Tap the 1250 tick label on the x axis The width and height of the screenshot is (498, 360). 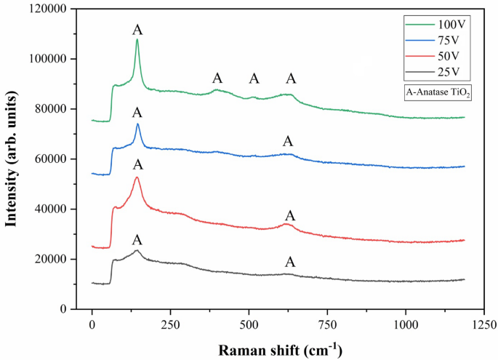point(483,324)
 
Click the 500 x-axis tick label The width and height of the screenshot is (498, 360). point(249,324)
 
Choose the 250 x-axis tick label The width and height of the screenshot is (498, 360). point(170,324)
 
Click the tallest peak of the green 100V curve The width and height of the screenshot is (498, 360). point(137,39)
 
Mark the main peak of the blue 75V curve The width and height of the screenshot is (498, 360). point(137,124)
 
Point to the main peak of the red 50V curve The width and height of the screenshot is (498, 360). point(137,177)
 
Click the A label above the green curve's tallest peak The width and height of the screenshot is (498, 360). point(137,30)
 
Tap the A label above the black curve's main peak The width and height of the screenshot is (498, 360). point(137,240)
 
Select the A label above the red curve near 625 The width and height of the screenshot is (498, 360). point(290,216)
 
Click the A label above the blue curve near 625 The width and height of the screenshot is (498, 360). point(288,141)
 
